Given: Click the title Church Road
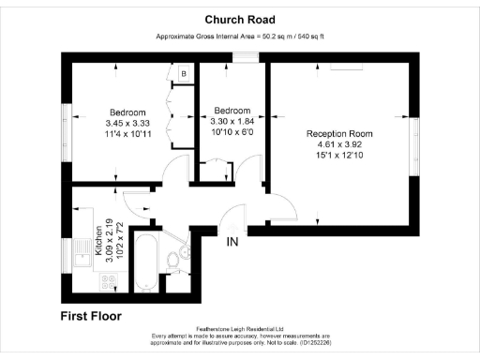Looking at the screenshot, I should pyautogui.click(x=239, y=19).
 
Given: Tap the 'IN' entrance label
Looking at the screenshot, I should pyautogui.click(x=232, y=242).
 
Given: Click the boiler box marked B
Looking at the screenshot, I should pyautogui.click(x=184, y=73).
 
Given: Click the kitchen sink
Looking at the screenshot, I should pyautogui.click(x=80, y=254).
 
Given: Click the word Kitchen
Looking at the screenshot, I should pyautogui.click(x=97, y=240).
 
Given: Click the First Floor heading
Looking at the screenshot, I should pyautogui.click(x=91, y=316).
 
